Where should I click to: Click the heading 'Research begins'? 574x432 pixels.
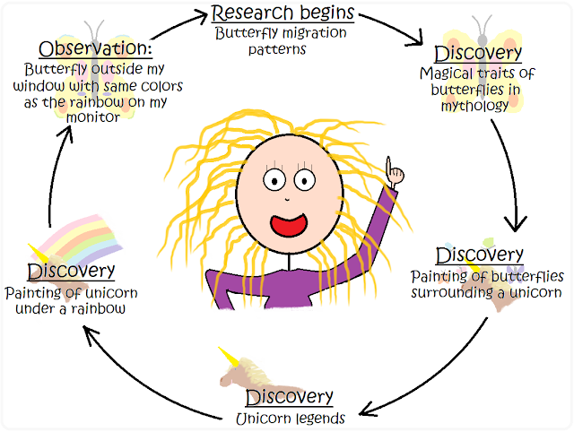pyautogui.click(x=283, y=13)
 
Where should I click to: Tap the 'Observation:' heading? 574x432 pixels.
pyautogui.click(x=95, y=48)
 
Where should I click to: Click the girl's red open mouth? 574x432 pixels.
pyautogui.click(x=289, y=225)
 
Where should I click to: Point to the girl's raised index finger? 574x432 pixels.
pyautogui.click(x=388, y=165)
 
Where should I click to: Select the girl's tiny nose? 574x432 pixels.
pyautogui.click(x=287, y=199)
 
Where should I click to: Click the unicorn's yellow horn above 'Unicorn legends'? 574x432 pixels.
pyautogui.click(x=229, y=357)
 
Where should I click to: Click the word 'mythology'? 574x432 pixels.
pyautogui.click(x=474, y=106)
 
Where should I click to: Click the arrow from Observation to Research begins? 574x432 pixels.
pyautogui.click(x=179, y=25)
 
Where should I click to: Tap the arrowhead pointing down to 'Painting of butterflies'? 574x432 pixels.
pyautogui.click(x=516, y=223)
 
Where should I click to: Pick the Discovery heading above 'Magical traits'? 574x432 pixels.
pyautogui.click(x=478, y=54)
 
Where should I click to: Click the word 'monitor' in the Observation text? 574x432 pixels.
pyautogui.click(x=93, y=117)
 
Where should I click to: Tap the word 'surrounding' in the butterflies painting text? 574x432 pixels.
pyautogui.click(x=452, y=293)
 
